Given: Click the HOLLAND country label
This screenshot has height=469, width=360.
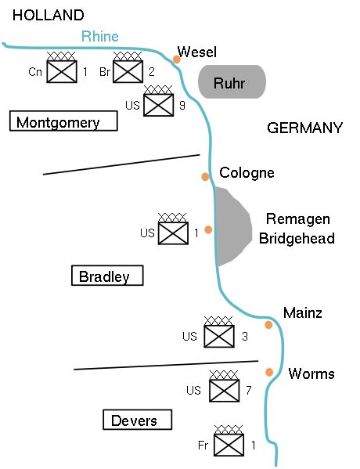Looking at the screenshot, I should pos(49,16).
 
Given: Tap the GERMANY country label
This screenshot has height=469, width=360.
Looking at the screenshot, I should pos(304,128).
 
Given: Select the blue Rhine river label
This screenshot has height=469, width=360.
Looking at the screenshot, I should pos(100,36).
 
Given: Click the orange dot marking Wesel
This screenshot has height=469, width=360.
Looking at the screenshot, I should pos(177,59).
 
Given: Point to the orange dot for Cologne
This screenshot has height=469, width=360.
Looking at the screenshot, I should pos(205,176).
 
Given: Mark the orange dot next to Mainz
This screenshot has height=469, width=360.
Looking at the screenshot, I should pos(268,324).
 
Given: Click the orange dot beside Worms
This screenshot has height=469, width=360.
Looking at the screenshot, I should pos(269,372).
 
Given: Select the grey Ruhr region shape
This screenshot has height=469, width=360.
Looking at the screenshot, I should pos(231,81).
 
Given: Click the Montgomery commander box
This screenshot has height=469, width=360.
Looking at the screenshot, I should pos(63,121).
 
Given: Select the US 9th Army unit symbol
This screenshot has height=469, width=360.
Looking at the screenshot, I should pos(159,103).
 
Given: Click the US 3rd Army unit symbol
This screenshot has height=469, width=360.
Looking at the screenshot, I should pos(219,336).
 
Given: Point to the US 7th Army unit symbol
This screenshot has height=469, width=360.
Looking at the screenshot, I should pos(225,389).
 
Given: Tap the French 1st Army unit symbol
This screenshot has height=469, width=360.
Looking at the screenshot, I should pos(229,445).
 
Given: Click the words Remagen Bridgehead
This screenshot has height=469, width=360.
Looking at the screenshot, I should pos(297,229).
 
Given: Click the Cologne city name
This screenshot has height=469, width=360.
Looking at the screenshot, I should pos(247,173).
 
